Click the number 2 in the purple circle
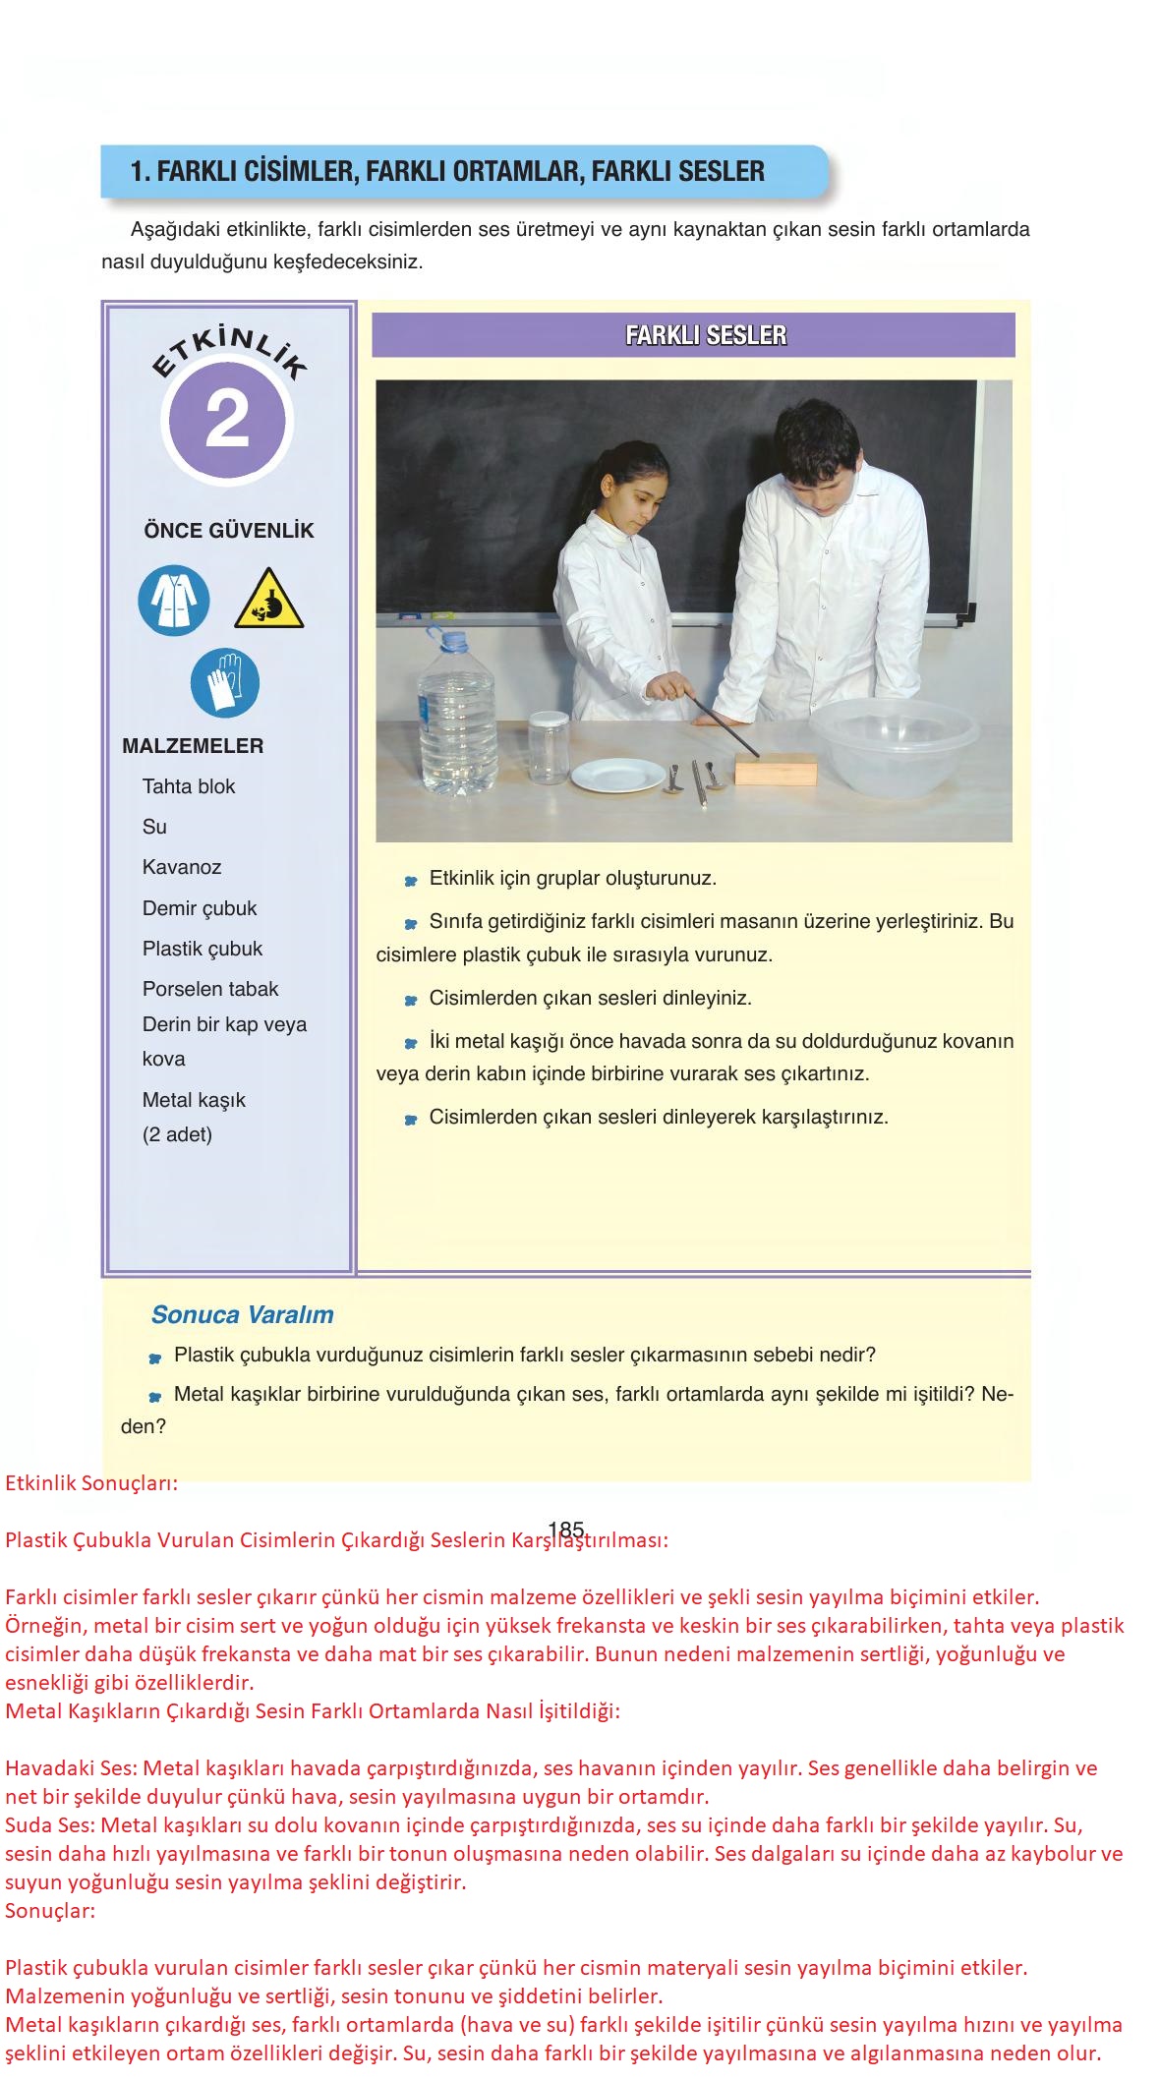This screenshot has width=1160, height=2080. [228, 422]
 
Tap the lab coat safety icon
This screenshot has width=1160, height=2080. [174, 600]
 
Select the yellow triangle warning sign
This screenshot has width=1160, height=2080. [268, 600]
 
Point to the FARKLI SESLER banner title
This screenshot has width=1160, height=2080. [706, 335]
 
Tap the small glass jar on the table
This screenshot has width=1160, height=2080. [548, 749]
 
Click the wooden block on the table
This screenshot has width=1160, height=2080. [776, 768]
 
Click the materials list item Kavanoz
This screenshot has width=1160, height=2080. [182, 867]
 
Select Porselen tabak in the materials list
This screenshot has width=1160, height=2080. [210, 989]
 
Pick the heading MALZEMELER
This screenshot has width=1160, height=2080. [193, 746]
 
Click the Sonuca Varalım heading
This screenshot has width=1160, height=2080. [242, 1314]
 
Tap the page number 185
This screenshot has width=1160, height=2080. [567, 1530]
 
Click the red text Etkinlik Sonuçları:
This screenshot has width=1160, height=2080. [91, 1483]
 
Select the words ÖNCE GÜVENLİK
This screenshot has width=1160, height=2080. [229, 531]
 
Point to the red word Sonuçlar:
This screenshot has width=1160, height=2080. [50, 1912]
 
